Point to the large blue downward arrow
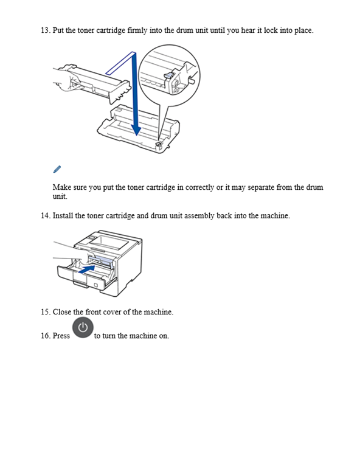tap(136, 103)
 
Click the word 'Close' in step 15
tap(62, 311)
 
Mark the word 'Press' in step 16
tap(61, 336)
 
